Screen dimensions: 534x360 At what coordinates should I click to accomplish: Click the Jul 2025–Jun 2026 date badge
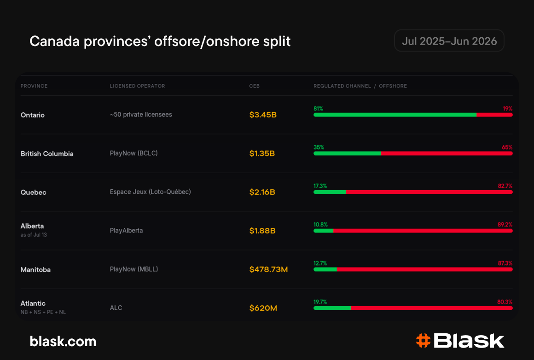449,41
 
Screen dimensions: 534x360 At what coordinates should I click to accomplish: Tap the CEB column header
255,86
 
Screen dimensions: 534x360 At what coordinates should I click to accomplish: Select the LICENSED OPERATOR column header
137,86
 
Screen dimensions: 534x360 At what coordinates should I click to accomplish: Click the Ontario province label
32,115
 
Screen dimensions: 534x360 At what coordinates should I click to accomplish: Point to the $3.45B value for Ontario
263,115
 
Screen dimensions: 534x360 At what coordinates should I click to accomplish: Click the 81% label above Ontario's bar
318,109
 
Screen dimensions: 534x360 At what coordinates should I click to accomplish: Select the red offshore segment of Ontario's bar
494,115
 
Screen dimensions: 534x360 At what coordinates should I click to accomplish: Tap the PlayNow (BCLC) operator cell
133,153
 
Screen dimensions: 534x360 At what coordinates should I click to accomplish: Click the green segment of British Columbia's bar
347,154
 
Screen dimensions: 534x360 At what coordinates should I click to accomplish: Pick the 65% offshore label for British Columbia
507,147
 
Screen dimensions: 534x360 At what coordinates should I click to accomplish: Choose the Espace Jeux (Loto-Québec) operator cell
150,192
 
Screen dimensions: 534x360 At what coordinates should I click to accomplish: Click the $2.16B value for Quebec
262,192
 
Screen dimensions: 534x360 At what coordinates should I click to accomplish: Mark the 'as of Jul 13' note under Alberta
34,235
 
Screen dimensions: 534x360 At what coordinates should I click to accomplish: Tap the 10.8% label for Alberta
320,225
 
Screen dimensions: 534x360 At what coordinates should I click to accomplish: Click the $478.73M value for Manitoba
268,269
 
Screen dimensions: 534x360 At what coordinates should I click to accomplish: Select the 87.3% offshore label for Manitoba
505,263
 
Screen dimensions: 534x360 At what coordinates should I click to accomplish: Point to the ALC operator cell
116,308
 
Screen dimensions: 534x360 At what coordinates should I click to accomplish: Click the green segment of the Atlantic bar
332,308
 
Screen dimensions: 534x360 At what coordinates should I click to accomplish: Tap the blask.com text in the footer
63,341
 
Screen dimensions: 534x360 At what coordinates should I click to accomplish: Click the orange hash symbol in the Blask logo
424,341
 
